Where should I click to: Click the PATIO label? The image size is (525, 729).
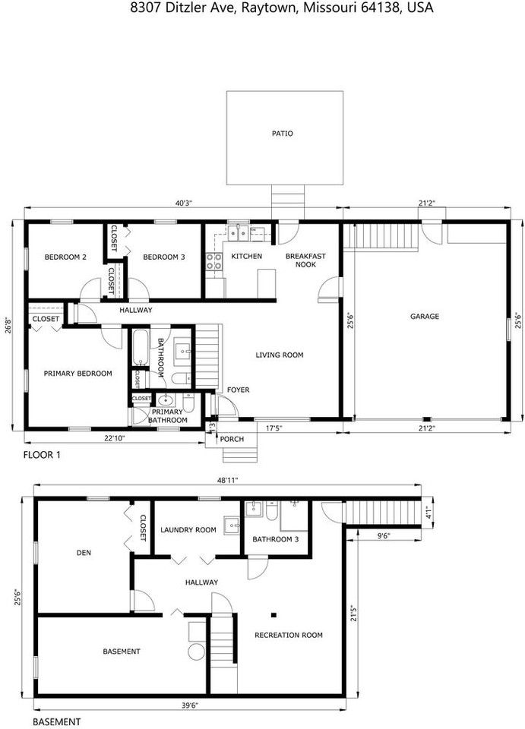(x=283, y=134)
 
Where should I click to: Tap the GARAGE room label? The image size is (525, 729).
(x=425, y=316)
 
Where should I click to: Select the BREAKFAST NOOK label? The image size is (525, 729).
(x=305, y=260)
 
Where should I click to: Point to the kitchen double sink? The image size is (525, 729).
(x=238, y=233)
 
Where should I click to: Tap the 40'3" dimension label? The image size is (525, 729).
(x=183, y=204)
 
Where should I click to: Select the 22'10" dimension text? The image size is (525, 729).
(x=114, y=438)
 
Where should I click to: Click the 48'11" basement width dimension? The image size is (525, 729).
(x=227, y=481)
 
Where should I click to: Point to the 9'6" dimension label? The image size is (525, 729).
(x=383, y=535)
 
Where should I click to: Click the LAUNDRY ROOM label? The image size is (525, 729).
(x=188, y=529)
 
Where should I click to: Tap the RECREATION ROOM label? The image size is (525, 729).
(x=288, y=635)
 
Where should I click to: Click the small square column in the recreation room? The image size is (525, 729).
(x=274, y=615)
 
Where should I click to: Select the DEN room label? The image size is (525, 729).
(x=84, y=553)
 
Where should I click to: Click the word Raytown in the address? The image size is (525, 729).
(x=270, y=8)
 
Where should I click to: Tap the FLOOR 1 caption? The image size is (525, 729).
(x=42, y=455)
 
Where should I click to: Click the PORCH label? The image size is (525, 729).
(x=232, y=439)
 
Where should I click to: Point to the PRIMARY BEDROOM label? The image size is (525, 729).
(x=77, y=374)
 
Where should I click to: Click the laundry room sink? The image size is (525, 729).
(x=231, y=525)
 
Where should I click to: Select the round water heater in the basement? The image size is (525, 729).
(x=197, y=652)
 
